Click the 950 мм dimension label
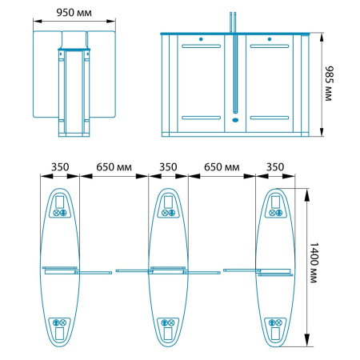[74, 13]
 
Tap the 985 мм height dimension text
[329, 83]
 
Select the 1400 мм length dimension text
[314, 262]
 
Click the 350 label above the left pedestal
[60, 167]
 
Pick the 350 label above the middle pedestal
[168, 167]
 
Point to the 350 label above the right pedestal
[275, 167]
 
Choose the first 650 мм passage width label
[114, 167]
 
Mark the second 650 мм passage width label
[222, 167]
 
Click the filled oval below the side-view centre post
[235, 120]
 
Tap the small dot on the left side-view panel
[201, 39]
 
